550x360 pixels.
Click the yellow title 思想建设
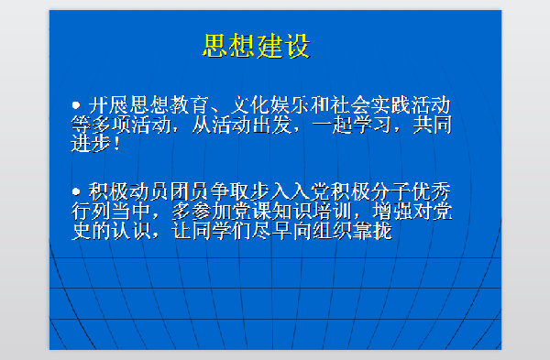tap(256, 46)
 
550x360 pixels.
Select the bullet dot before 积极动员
tap(77, 191)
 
